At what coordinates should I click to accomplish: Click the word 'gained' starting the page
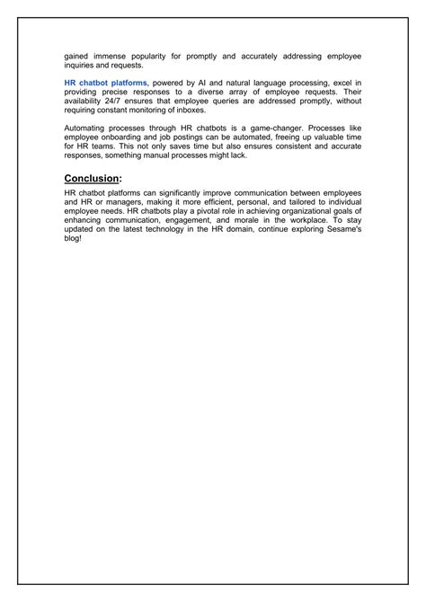(77, 56)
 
